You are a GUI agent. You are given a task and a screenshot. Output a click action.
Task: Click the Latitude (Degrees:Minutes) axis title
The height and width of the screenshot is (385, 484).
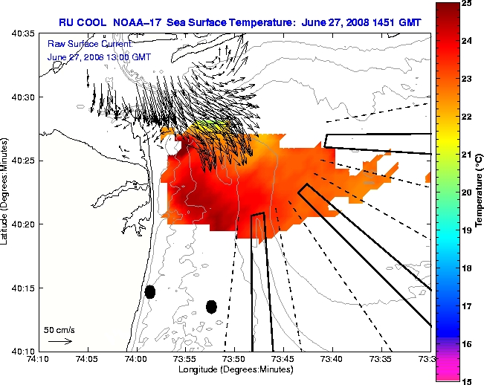[x=6, y=192]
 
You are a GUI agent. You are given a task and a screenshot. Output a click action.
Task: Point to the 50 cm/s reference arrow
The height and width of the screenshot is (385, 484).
[x=59, y=341]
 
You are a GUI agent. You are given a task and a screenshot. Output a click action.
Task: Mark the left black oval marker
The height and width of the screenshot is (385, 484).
[x=149, y=291]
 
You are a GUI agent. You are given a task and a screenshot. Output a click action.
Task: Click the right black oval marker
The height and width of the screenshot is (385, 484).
[x=211, y=306]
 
